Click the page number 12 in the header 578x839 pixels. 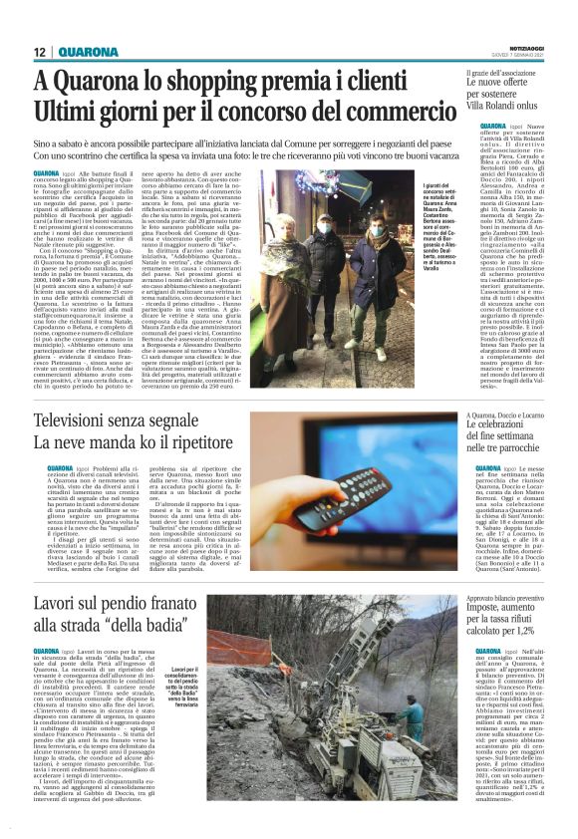coord(39,52)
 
